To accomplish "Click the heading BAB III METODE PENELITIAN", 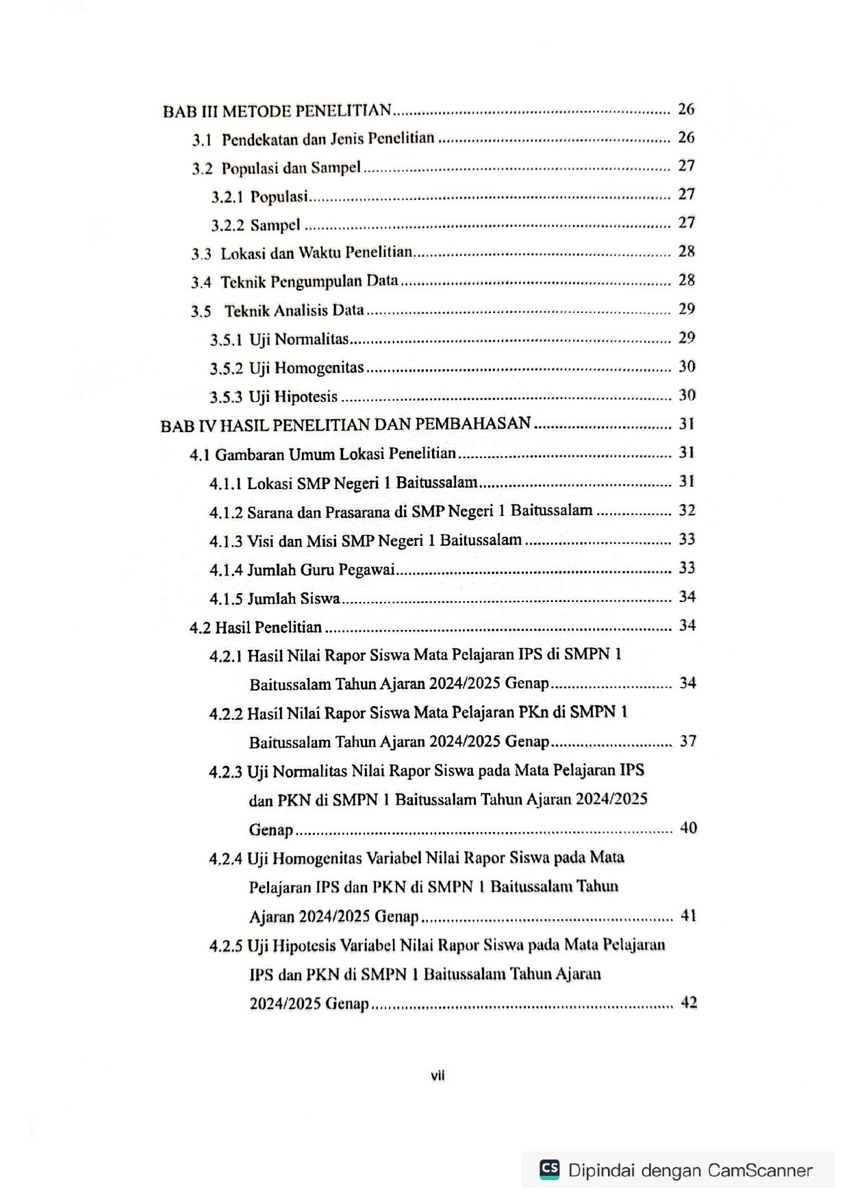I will click(277, 111).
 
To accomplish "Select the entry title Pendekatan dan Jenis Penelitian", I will click(328, 139).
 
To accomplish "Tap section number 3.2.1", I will click(227, 197).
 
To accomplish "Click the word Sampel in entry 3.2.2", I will click(275, 225).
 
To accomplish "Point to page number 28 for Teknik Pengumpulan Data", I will click(686, 280).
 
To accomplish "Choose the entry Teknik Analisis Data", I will click(294, 311).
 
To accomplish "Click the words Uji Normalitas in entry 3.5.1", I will click(299, 340).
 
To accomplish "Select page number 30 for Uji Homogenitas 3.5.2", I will click(687, 366).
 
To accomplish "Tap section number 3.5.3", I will click(226, 397).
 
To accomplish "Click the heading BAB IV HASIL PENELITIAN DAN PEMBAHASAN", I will click(346, 425).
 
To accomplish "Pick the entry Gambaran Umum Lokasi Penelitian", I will click(335, 454).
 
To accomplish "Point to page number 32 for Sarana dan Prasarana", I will click(687, 510).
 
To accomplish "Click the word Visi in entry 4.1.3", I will click(260, 541).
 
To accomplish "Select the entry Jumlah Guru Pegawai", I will click(320, 570).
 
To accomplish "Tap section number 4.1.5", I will click(226, 599).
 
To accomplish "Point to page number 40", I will click(688, 828).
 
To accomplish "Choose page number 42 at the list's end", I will click(689, 1003).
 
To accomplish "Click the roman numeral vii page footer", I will click(438, 1075).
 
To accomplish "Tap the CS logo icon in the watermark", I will click(549, 1168).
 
